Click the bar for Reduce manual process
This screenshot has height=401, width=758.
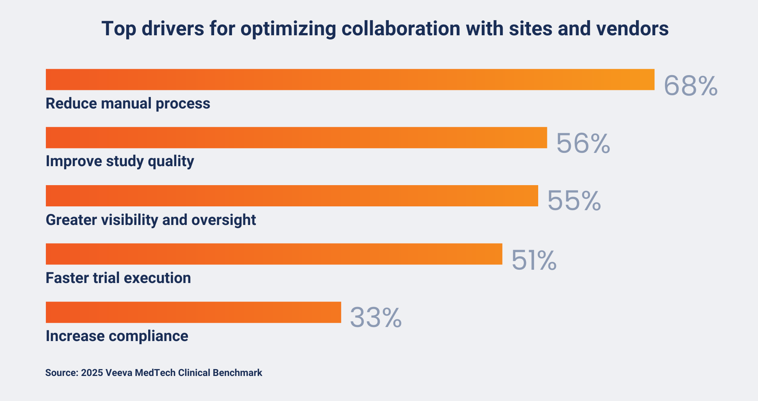350,79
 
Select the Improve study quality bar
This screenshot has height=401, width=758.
296,137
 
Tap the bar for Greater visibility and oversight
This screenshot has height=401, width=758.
292,196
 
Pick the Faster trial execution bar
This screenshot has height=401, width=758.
274,254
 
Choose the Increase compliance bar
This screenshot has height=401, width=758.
193,312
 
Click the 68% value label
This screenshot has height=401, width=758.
691,86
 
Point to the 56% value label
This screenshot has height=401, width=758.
583,144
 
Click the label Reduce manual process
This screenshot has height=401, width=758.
128,104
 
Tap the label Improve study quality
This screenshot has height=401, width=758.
120,162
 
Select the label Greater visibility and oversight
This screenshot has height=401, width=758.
151,220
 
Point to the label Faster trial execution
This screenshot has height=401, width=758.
118,278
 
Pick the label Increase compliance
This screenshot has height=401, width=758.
117,336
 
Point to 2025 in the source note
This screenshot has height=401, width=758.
92,373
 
